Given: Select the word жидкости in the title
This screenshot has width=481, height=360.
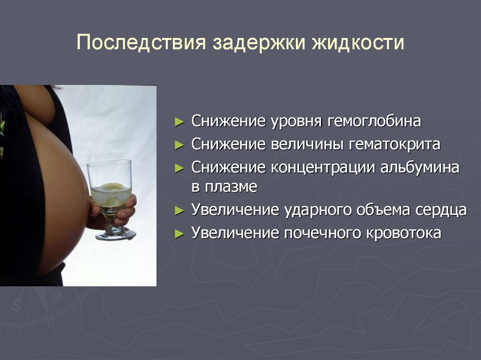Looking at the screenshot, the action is point(358,42).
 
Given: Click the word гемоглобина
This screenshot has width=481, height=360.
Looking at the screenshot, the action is point(374,121).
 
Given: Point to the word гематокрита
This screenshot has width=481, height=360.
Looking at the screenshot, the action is point(395,144).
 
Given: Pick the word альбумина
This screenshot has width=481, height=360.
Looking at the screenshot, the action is point(419,168).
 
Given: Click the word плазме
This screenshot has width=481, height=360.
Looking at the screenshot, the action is point(231,186).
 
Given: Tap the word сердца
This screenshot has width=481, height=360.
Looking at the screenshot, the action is point(441,210).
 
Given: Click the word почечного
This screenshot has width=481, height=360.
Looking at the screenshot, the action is point(322,233).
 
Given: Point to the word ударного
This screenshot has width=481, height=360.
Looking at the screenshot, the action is point(318,210).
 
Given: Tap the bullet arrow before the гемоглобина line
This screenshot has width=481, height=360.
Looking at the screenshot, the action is point(179,122).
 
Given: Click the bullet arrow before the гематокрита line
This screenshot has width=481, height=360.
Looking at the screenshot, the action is point(179,145).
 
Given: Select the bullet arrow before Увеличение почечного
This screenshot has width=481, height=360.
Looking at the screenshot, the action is point(179,234).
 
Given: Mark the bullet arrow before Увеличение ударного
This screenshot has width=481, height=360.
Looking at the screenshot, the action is point(179,211).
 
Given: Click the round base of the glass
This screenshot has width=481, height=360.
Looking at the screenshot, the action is point(116,235).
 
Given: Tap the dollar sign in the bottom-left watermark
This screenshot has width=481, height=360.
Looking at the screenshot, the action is point(16,305).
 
